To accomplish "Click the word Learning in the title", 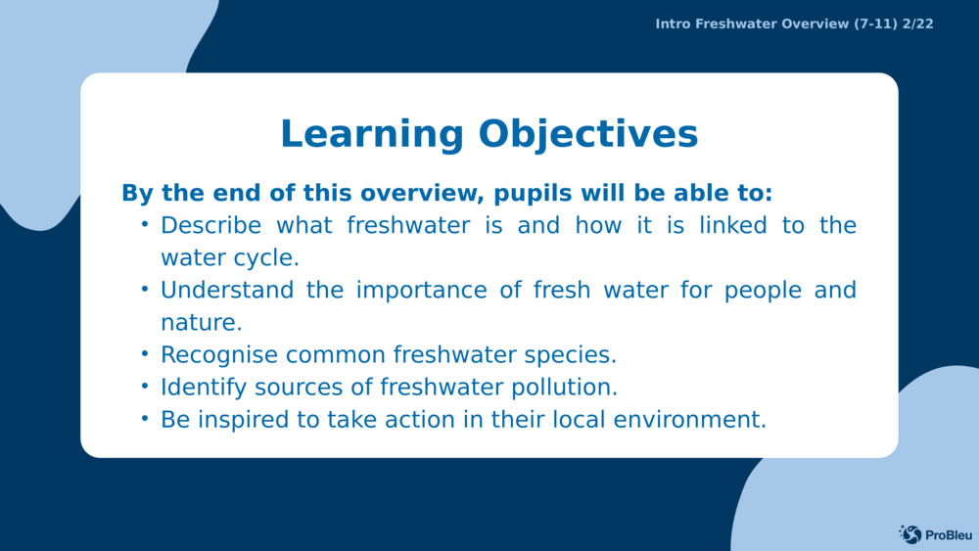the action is (371, 135).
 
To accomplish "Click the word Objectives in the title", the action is (588, 135).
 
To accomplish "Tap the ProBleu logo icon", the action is (910, 534).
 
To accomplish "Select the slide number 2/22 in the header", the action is (918, 24).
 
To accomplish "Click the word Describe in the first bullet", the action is (211, 225).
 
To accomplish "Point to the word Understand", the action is (227, 290).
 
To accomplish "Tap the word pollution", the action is (565, 388).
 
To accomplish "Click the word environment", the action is (690, 420).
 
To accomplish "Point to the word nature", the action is (202, 323).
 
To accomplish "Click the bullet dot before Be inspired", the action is (145, 419).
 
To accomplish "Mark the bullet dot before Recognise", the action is (145, 354).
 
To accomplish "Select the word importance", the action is (421, 290).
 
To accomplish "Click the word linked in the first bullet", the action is (733, 225).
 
